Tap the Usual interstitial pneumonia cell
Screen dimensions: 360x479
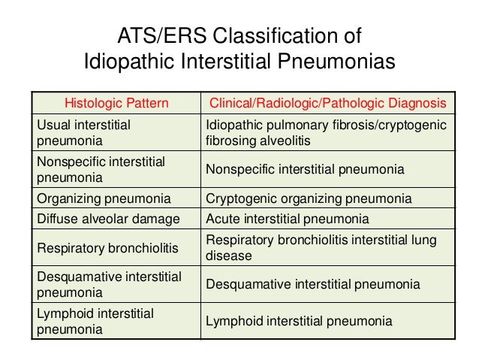point(83,131)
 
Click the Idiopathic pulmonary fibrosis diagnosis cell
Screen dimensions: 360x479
point(325,131)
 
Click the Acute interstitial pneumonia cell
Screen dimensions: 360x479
point(288,219)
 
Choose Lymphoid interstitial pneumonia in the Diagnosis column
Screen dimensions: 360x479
point(300,321)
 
